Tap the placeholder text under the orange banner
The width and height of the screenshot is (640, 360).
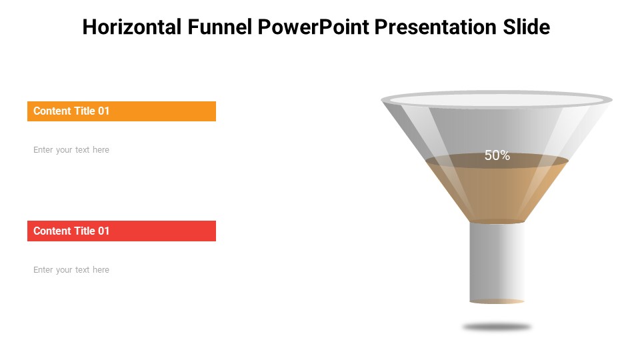(x=71, y=150)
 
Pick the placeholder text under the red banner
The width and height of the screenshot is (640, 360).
(x=71, y=270)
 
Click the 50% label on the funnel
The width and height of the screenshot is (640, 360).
(x=497, y=155)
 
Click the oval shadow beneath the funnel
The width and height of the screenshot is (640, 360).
(x=497, y=327)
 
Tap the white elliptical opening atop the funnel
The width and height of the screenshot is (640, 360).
(x=497, y=100)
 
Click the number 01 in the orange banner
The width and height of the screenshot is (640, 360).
(x=103, y=111)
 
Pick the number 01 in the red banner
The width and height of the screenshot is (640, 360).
(x=103, y=231)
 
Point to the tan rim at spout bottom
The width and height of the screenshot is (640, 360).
(x=497, y=302)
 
